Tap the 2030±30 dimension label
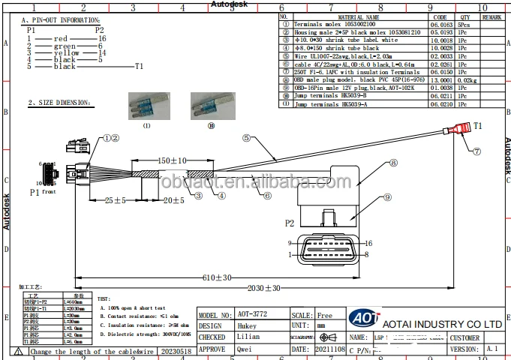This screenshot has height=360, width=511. [263, 287]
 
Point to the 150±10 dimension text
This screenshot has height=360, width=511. [172, 161]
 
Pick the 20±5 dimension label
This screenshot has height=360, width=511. [174, 200]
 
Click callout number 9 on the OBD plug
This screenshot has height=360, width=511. [388, 197]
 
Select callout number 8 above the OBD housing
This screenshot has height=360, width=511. [393, 163]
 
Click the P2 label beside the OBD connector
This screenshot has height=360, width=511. [290, 223]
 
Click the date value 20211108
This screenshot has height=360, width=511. [330, 349]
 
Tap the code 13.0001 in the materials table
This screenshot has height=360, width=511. [440, 79]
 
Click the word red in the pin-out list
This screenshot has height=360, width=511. [61, 37]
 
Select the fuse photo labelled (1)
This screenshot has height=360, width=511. [146, 103]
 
